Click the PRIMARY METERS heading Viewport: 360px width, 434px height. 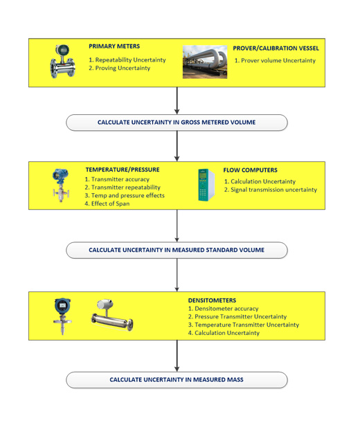click(114, 46)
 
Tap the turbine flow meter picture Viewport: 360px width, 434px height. click(62, 61)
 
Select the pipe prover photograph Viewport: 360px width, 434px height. click(205, 62)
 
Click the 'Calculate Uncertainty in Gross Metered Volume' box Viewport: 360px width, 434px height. click(177, 123)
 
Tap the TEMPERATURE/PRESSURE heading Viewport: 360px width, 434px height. click(123, 170)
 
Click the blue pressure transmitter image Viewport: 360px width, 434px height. click(61, 185)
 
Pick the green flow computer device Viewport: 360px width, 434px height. click(206, 185)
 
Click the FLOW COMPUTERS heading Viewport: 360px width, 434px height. click(251, 170)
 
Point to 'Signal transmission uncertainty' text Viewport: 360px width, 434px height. click(274, 190)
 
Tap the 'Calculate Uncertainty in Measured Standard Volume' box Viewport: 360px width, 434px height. click(177, 250)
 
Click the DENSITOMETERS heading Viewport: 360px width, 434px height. click(212, 300)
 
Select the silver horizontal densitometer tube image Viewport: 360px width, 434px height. click(112, 315)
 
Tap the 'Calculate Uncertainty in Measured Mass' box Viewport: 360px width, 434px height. click(177, 380)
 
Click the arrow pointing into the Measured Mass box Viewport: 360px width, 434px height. click(177, 356)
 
